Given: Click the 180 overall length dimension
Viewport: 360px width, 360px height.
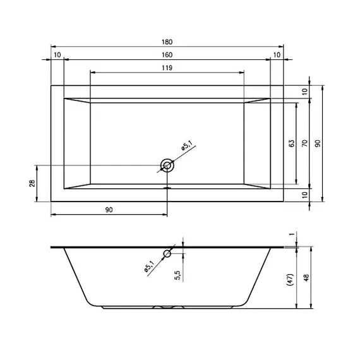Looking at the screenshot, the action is pyautogui.click(x=167, y=42).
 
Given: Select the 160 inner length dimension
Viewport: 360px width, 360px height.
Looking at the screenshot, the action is pyautogui.click(x=167, y=55).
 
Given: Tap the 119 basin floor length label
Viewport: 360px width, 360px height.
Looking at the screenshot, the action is pyautogui.click(x=167, y=68).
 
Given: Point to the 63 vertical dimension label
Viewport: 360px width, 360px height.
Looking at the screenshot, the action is pyautogui.click(x=291, y=143).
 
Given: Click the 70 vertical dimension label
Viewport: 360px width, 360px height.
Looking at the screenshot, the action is pyautogui.click(x=304, y=143).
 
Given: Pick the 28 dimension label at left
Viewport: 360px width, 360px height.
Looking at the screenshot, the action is pyautogui.click(x=32, y=183).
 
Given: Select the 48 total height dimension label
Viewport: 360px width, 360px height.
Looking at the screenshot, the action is pyautogui.click(x=306, y=277).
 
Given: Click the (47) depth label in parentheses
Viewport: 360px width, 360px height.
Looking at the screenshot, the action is pyautogui.click(x=290, y=279).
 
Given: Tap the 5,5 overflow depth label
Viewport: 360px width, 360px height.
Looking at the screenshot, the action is pyautogui.click(x=178, y=275).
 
